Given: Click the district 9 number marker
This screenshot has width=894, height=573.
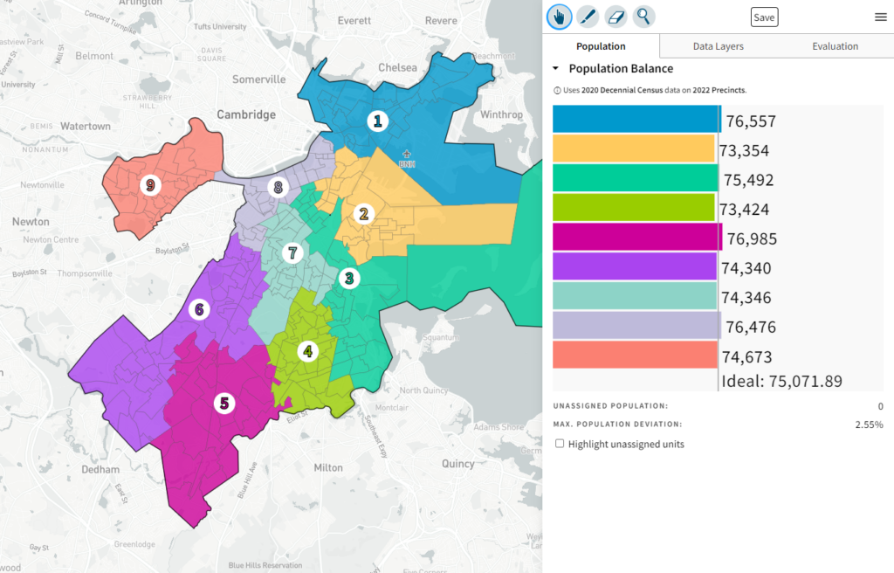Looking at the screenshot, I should tap(151, 185).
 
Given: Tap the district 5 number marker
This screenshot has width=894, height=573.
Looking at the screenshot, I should tap(224, 404).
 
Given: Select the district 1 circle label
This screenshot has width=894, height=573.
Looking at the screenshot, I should tap(377, 121).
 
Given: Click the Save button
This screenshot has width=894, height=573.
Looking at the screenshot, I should tap(764, 17).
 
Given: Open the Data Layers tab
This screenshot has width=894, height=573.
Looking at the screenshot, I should tap(718, 46).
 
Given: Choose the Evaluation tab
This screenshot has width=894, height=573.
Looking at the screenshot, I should tap(835, 46).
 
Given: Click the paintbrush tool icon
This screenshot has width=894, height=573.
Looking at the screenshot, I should tap(588, 16).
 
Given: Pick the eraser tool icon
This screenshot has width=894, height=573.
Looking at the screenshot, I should tap(615, 16).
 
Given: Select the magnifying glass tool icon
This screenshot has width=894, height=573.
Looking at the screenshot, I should tap(643, 16).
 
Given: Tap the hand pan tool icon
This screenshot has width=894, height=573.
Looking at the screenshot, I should tap(560, 16).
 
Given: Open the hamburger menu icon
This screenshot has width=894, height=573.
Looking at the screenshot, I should tap(880, 17).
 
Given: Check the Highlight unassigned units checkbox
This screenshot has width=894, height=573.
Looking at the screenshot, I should tap(560, 444).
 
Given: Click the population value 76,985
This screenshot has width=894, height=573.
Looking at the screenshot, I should tap(752, 239).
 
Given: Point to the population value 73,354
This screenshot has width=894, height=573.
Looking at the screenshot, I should tap(744, 151).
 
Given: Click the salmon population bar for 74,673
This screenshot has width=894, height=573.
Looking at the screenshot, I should tap(635, 355).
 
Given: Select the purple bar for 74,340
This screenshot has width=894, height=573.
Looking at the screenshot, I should tap(635, 266).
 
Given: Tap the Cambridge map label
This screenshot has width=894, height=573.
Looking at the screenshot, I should tap(246, 114).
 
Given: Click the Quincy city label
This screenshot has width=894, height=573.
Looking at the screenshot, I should tap(457, 464).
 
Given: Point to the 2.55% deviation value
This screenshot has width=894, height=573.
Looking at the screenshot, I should tap(869, 425).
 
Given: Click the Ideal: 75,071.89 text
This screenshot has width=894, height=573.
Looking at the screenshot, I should tap(781, 381).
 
